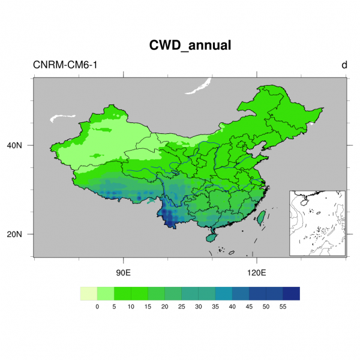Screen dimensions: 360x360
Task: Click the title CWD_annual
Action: coord(190,45)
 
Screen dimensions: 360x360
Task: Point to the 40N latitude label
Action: coord(22,145)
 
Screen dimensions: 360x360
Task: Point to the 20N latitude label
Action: coord(22,234)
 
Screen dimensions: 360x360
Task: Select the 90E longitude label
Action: coord(124,272)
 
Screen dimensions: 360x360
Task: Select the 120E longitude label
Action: coord(256,272)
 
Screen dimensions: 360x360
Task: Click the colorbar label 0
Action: coord(97,307)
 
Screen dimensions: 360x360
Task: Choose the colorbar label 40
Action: coord(232,307)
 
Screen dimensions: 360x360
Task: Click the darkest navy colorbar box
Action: coord(291,293)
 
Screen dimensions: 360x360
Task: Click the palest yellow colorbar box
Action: coord(89,293)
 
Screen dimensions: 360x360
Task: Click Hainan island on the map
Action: coord(211,238)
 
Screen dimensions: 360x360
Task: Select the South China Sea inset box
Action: coord(317,223)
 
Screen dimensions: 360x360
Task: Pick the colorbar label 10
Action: coord(131,307)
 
